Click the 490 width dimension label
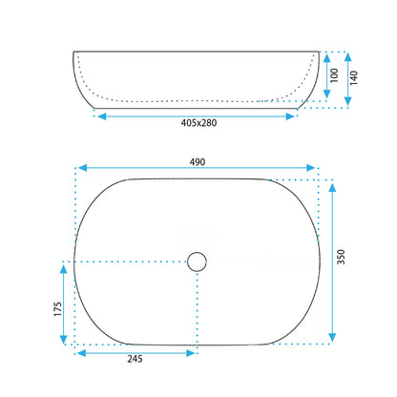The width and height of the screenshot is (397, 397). [198, 162]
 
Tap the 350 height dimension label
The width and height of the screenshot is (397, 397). [341, 257]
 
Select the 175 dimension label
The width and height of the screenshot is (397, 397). [57, 309]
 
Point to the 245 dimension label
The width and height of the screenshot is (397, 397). [135, 359]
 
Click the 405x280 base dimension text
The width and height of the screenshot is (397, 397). [198, 123]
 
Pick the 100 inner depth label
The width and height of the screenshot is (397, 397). [334, 75]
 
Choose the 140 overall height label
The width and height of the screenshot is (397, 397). [354, 77]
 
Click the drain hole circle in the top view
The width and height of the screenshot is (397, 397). [197, 261]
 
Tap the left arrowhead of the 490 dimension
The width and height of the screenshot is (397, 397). [82, 168]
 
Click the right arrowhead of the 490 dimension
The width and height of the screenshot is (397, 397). [311, 168]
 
